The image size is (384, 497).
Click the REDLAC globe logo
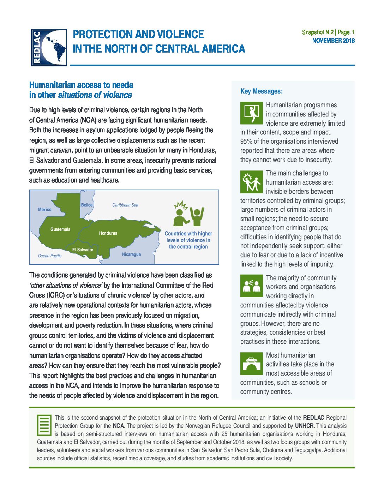[49, 47]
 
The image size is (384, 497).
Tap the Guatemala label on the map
[60, 229]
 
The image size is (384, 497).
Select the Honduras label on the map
[108, 233]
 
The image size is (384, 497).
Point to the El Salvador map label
[83, 250]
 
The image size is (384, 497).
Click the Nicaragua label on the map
[131, 255]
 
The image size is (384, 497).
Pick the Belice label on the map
[87, 205]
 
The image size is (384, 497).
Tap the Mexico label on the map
[44, 210]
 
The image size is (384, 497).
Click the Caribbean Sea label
[125, 205]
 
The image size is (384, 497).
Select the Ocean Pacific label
[49, 256]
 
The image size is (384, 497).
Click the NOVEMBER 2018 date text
[333, 41]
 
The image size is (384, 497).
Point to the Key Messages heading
[262, 91]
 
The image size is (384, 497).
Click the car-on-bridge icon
[252, 364]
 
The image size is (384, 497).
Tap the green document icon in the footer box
[44, 425]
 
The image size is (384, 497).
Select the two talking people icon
[252, 286]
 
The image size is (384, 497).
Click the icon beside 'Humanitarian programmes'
[252, 113]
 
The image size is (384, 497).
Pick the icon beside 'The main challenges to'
[252, 182]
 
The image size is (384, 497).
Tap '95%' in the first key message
[246, 142]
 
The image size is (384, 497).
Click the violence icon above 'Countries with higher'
[188, 214]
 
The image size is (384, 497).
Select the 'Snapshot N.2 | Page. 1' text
[328, 32]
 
